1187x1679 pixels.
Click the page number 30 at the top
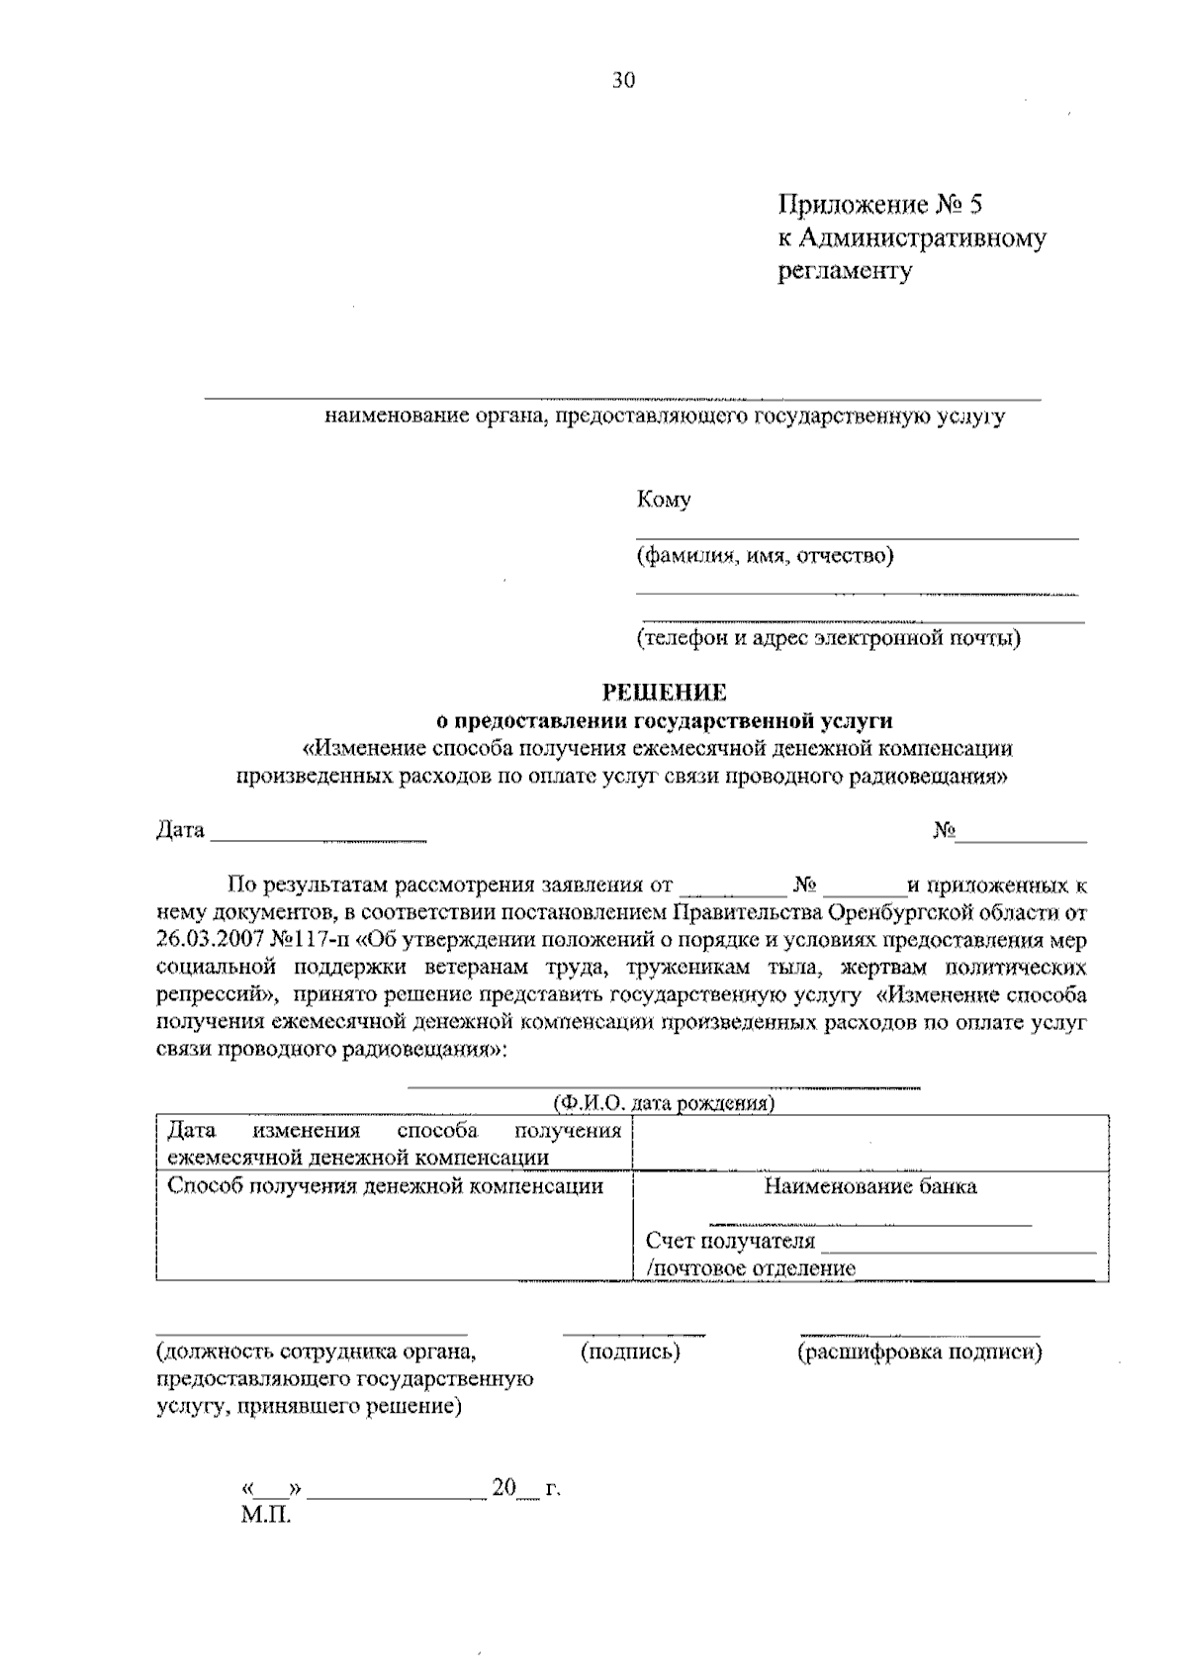pos(622,81)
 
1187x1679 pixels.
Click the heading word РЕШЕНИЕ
pos(665,694)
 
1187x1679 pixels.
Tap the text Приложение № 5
pos(880,205)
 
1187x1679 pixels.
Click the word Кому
pos(663,500)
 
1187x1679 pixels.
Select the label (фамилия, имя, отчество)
pos(765,555)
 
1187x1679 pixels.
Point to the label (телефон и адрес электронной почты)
pos(829,637)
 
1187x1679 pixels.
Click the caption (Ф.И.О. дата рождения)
pos(663,1103)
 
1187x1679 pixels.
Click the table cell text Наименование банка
pos(869,1186)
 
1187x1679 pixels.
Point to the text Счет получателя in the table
pos(730,1241)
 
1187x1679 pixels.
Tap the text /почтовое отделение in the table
pos(750,1268)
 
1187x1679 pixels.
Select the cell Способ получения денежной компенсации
pos(385,1186)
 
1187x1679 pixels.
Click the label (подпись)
pos(630,1352)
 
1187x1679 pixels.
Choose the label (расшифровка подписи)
pos(919,1352)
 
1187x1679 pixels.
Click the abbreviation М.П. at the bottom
pos(266,1516)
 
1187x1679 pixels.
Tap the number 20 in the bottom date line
pos(504,1488)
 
